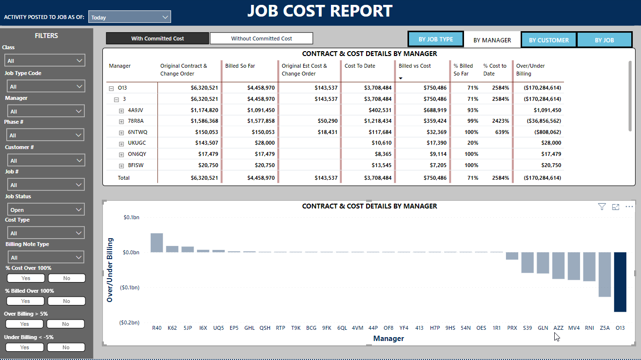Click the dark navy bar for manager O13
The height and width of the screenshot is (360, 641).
click(x=620, y=282)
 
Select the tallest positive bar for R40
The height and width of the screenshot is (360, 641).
click(x=156, y=243)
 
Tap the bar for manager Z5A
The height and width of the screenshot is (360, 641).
click(x=604, y=274)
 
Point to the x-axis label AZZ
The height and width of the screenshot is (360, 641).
click(x=558, y=328)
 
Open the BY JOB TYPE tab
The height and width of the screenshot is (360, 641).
click(x=436, y=39)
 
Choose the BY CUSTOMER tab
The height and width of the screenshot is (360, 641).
click(x=548, y=40)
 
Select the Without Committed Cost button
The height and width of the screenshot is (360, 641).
click(x=261, y=38)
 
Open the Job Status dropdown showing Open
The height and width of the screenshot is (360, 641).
click(x=45, y=210)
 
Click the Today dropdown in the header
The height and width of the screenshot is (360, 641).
click(x=129, y=17)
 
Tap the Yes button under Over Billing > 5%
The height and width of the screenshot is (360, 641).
click(x=24, y=324)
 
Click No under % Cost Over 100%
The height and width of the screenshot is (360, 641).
click(x=66, y=278)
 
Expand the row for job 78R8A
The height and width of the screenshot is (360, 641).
click(x=121, y=121)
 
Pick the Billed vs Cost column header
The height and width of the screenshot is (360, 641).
click(x=414, y=66)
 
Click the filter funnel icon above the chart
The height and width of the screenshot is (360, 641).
click(x=602, y=207)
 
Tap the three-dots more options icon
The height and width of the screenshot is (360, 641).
click(x=629, y=207)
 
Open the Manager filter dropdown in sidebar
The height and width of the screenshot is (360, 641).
click(x=45, y=112)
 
